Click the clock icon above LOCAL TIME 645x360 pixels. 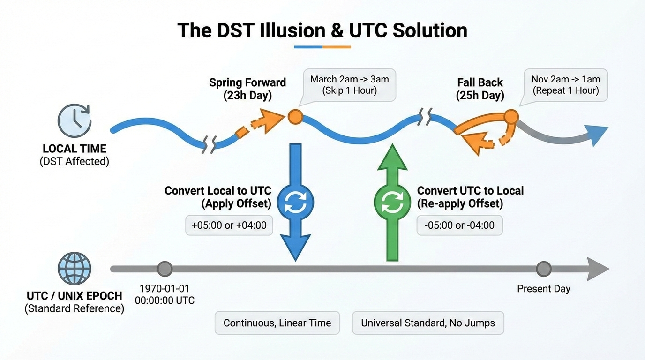[74, 120]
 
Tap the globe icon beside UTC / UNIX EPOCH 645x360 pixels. [74, 269]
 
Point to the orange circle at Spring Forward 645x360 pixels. [295, 116]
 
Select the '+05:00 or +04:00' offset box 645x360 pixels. [229, 225]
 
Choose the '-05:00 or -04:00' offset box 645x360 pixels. [459, 225]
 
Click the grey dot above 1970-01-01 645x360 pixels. [165, 269]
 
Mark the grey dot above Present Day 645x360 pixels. [543, 269]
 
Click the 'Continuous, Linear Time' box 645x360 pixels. [277, 323]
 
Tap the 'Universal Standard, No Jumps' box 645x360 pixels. [428, 323]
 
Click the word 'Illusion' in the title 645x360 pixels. [292, 31]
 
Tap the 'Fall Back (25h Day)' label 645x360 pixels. [480, 89]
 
